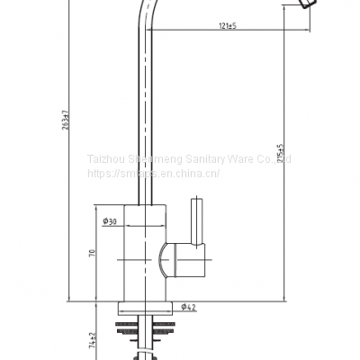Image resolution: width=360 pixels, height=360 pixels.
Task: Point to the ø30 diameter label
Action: pyautogui.click(x=109, y=220)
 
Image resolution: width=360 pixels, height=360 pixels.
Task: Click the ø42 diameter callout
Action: pyautogui.click(x=189, y=307)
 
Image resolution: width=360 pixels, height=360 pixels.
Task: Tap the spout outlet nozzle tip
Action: pyautogui.click(x=306, y=6)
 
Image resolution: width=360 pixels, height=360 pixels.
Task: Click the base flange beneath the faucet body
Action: pyautogui.click(x=144, y=307)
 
